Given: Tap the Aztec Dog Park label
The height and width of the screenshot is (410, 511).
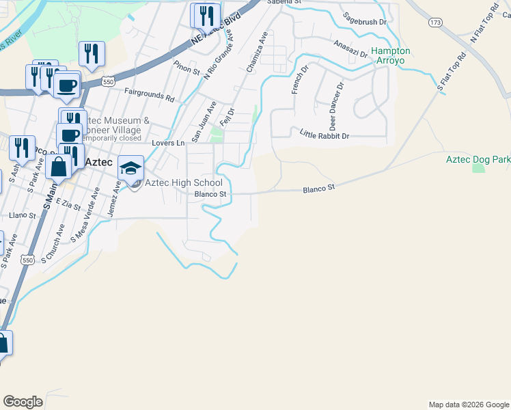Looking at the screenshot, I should pos(478,159).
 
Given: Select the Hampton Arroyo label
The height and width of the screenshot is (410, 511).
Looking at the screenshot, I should pos(391,55).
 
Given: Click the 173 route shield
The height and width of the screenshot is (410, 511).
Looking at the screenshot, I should pos(435,23).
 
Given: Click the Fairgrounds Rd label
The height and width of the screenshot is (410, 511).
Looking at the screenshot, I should pos(149,94).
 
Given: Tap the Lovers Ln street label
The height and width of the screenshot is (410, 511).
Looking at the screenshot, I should pos(168,143).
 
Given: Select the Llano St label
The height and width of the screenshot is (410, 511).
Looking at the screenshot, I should pos(23,215).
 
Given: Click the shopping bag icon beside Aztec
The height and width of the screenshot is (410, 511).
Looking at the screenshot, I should pos(59,167).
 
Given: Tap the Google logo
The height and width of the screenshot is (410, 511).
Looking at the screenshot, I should pos(23,402).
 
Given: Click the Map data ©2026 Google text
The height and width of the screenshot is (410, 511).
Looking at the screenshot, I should pos(468,405).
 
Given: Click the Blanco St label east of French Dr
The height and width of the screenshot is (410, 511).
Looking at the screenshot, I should pos(319,187).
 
